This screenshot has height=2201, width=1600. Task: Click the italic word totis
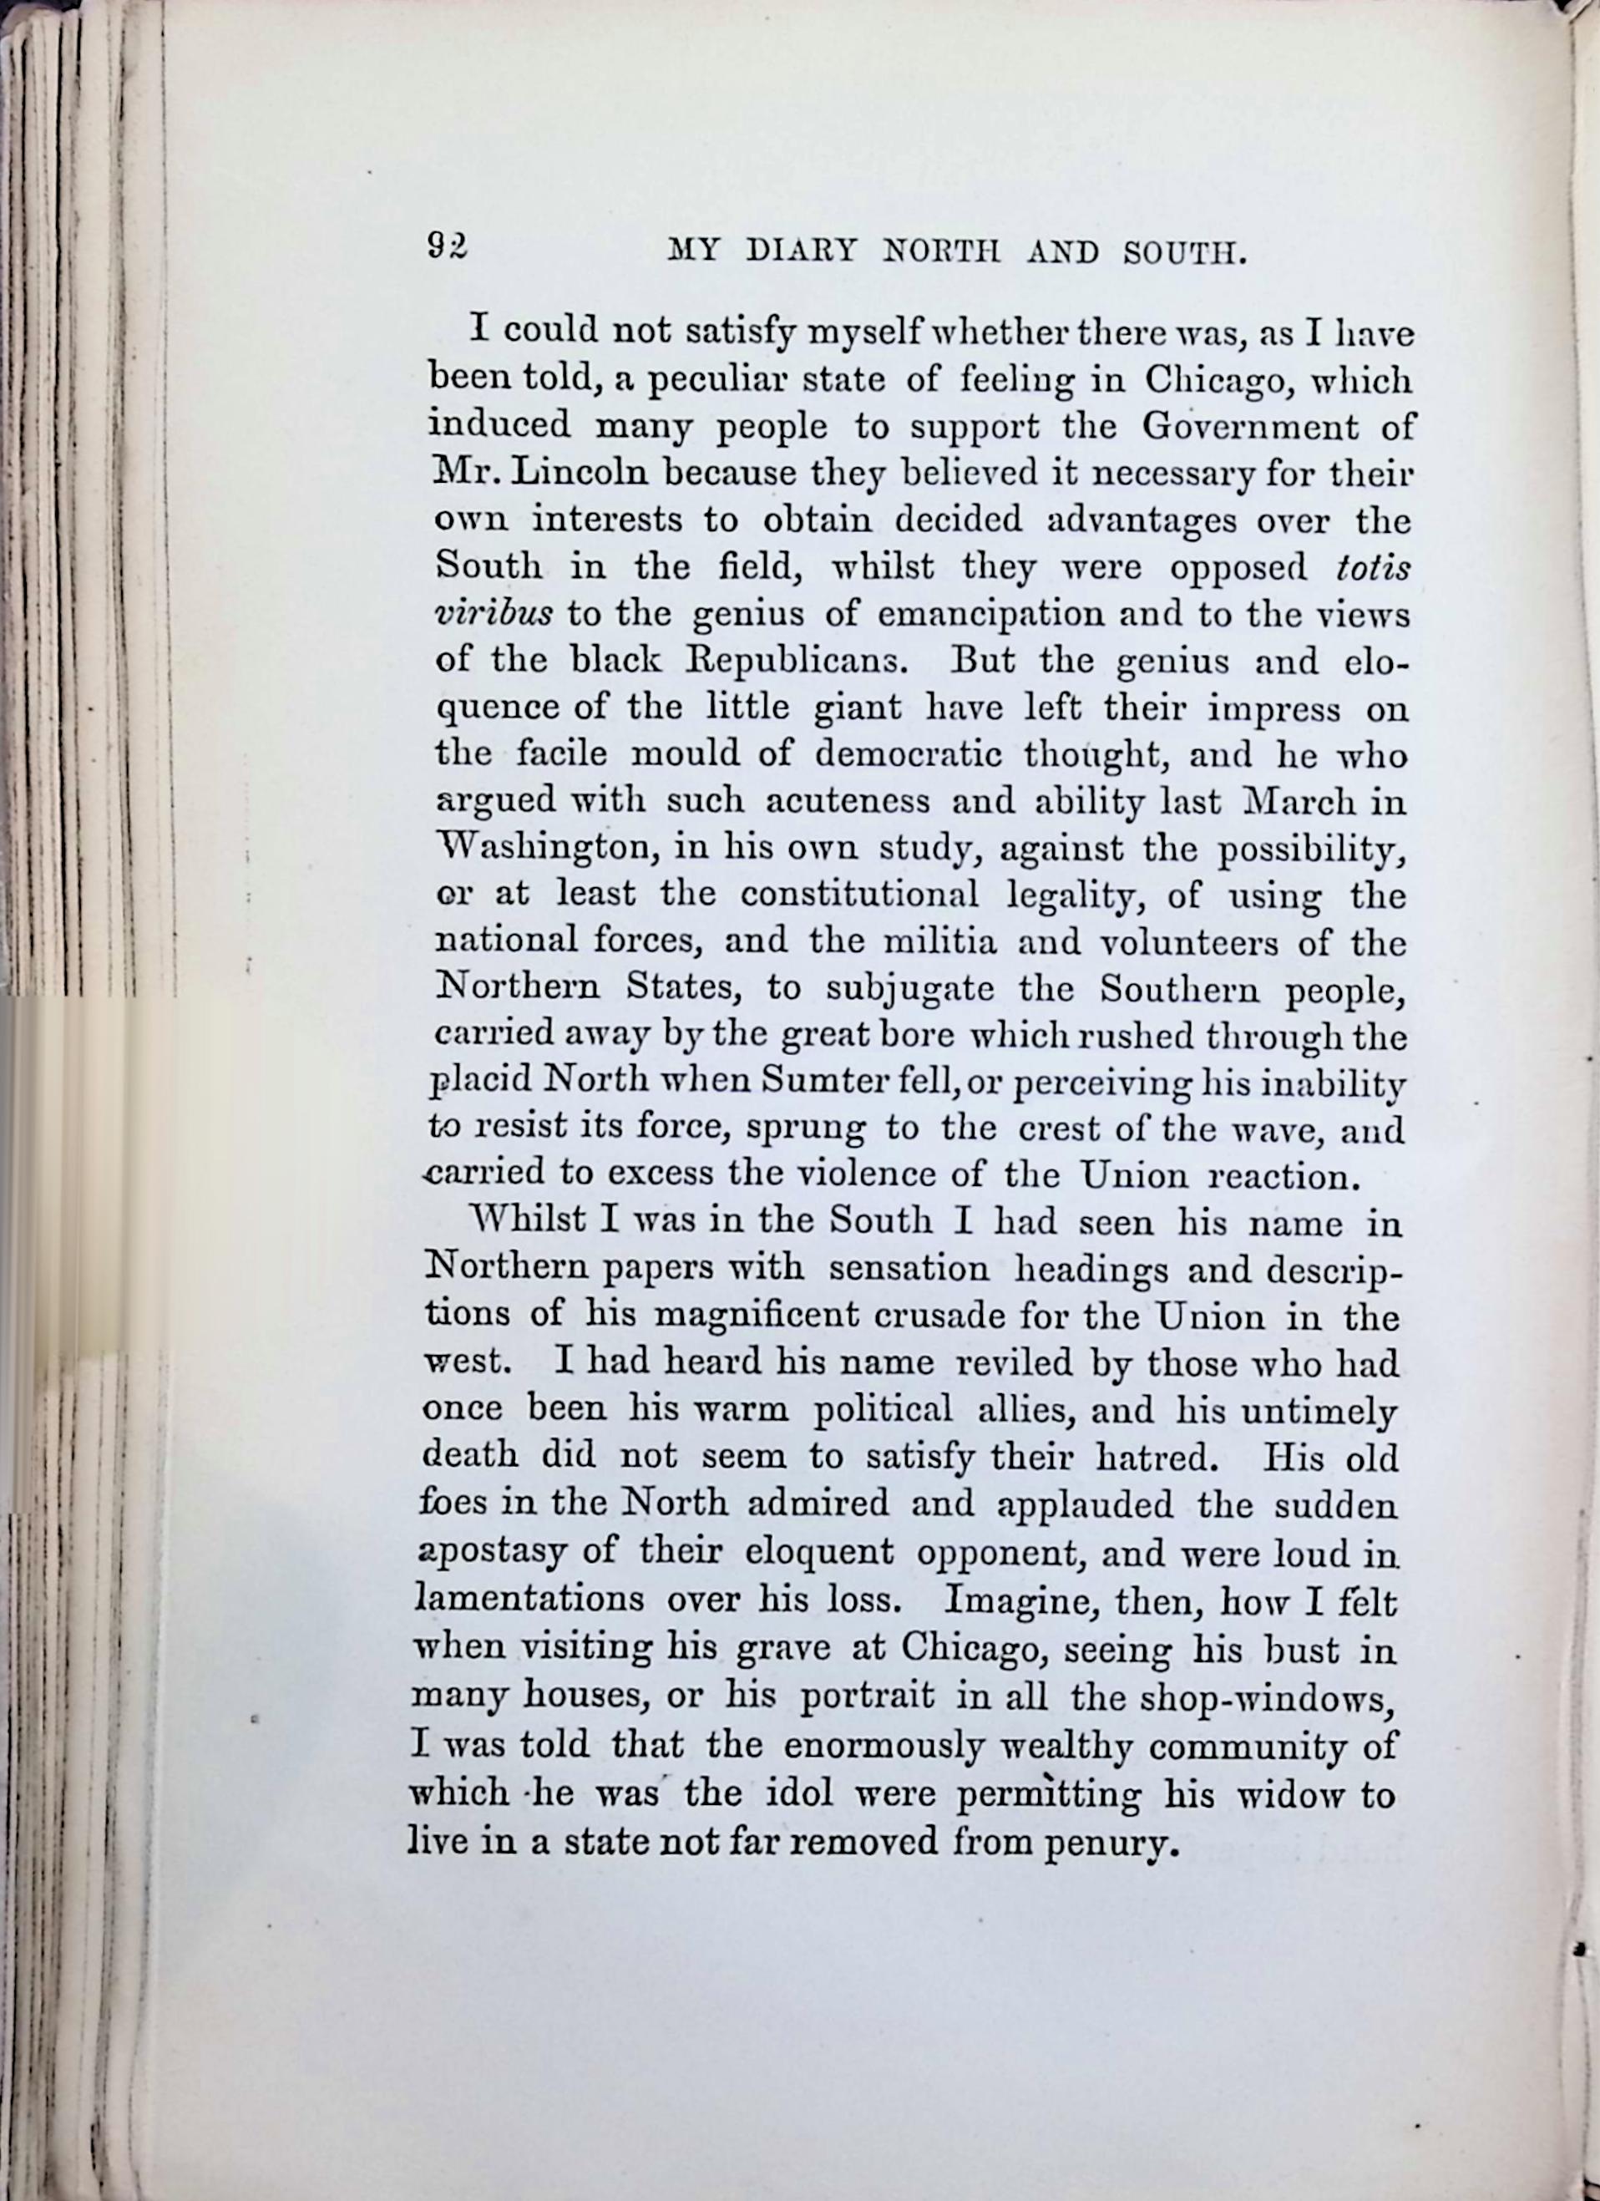tap(1372, 568)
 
